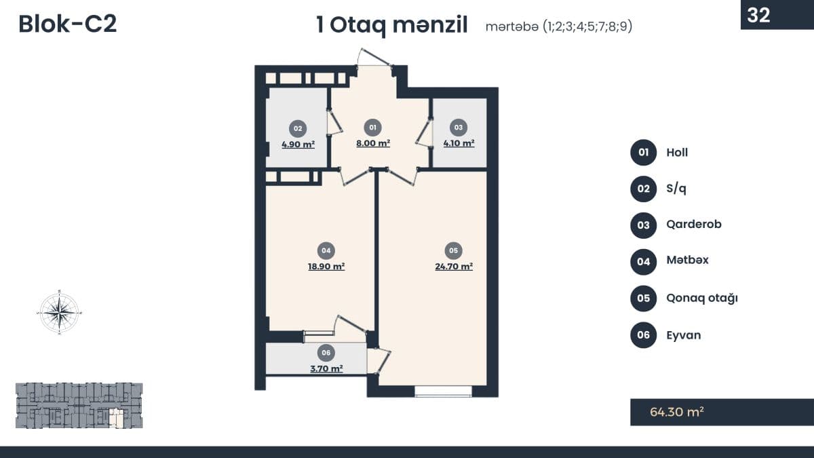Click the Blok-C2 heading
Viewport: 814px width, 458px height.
pos(68,24)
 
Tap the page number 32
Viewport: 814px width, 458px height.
pos(758,15)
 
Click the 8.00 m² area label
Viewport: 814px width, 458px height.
pos(373,143)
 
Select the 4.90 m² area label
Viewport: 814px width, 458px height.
pos(298,145)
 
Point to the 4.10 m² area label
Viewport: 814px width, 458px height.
pos(459,143)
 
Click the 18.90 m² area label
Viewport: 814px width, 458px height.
pos(326,267)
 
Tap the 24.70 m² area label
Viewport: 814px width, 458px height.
pos(454,267)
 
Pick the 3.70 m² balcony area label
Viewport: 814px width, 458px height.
pos(326,368)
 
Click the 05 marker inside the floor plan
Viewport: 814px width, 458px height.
pos(454,250)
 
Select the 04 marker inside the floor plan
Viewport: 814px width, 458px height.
pos(326,250)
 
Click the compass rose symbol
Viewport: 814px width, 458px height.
pos(60,312)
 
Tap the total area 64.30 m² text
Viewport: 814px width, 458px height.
pos(677,412)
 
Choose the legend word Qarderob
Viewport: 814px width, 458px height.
pos(694,225)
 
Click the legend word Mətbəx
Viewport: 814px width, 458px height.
pos(687,261)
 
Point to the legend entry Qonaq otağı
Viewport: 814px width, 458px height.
pos(701,299)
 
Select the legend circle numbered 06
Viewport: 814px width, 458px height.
pos(643,335)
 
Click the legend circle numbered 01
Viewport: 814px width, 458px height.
pos(643,152)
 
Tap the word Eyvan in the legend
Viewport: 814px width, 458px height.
pos(684,335)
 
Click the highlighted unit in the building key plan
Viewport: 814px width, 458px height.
pos(117,417)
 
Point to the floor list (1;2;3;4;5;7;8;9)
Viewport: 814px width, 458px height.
pos(587,26)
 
